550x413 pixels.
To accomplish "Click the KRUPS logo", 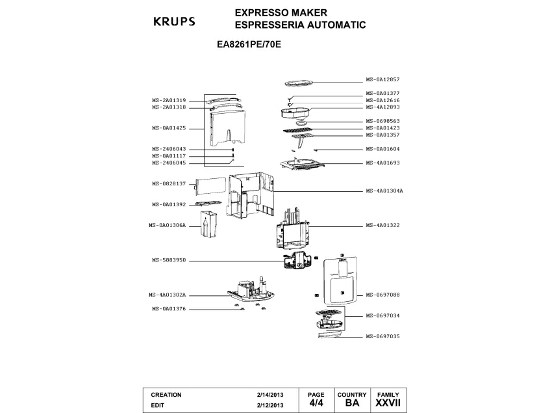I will click(173, 21).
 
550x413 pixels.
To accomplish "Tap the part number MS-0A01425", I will click(169, 128).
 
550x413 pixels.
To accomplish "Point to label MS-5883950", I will click(169, 260).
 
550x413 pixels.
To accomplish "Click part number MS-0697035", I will click(382, 336).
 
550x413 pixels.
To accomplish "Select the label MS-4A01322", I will click(382, 225).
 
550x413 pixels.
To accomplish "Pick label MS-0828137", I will click(169, 183).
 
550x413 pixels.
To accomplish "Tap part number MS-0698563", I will click(382, 121).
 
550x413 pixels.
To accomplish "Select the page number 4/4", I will click(316, 403).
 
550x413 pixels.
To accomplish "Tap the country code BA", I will click(352, 403).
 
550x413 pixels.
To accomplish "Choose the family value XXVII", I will click(388, 403).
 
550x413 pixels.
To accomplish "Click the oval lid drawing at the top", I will click(299, 83).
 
